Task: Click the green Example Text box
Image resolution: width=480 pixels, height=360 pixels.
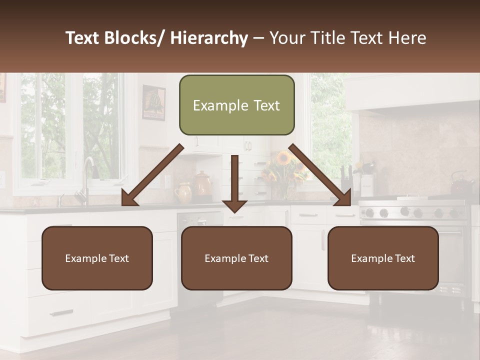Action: tap(236, 105)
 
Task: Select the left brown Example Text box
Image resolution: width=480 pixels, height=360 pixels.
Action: tap(97, 258)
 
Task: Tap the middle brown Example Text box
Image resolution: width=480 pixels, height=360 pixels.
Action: tap(236, 258)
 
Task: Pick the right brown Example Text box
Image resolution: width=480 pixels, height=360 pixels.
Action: tap(383, 258)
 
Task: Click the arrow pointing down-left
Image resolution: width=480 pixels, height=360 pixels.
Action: tap(152, 175)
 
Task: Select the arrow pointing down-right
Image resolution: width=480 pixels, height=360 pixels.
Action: tap(320, 175)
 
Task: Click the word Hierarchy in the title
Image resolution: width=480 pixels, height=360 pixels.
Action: tap(209, 38)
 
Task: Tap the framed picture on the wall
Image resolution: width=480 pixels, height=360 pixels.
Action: tap(153, 102)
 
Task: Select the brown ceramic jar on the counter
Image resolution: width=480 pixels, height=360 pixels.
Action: tap(203, 184)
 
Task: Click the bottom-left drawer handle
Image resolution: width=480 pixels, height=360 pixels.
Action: tap(61, 313)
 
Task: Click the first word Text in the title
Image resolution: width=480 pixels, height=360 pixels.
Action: tap(83, 38)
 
